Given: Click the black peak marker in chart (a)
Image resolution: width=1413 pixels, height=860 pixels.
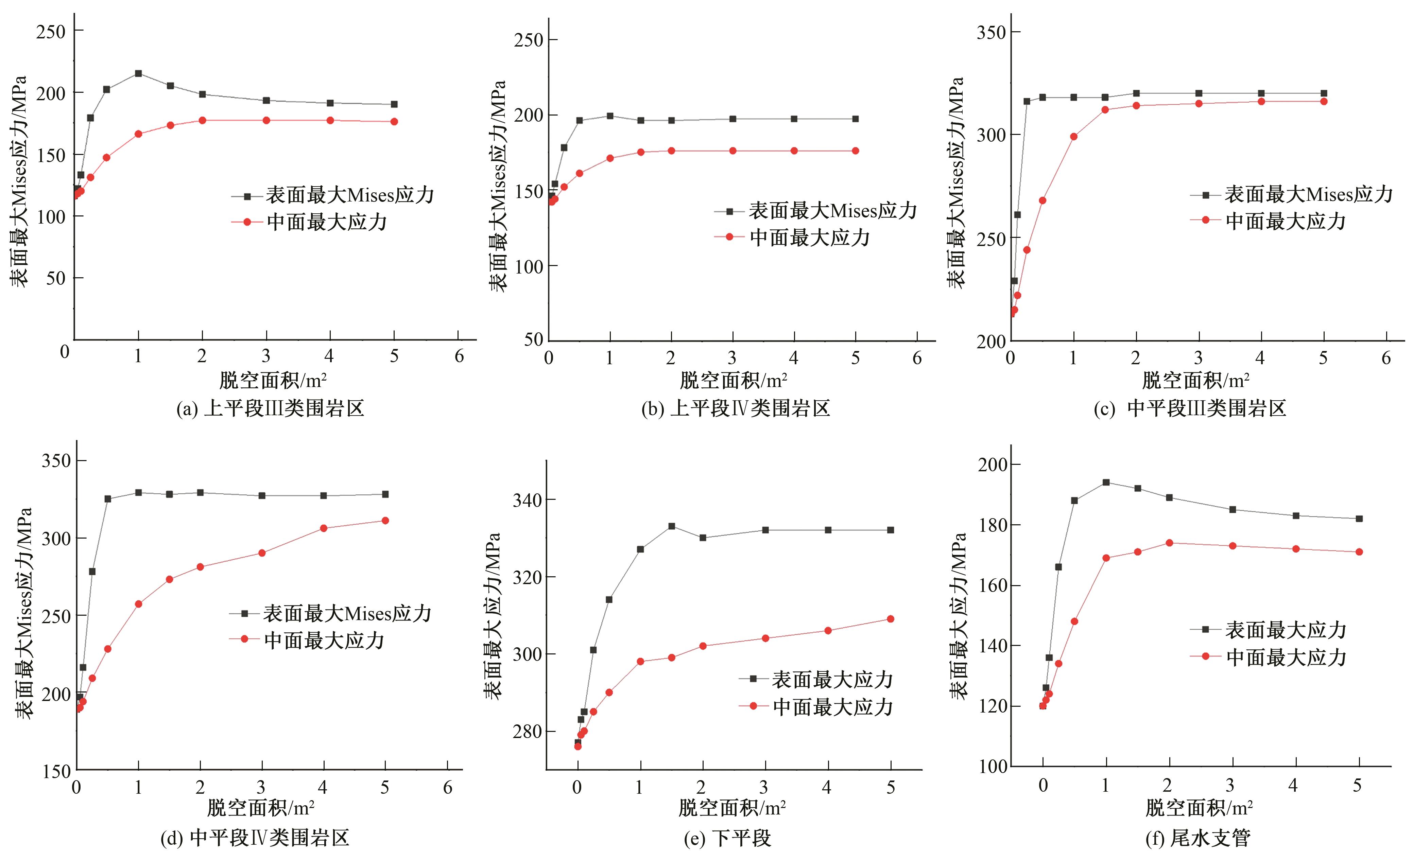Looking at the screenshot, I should pyautogui.click(x=138, y=73).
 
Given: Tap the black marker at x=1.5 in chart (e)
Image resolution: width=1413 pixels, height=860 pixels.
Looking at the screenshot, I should pyautogui.click(x=672, y=526).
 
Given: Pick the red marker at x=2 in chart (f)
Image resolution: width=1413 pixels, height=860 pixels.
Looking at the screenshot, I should pyautogui.click(x=1169, y=543).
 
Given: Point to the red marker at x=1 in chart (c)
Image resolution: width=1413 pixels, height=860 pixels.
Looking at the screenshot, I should pyautogui.click(x=1073, y=137).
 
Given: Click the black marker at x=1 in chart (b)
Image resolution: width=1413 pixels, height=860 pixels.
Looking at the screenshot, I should pyautogui.click(x=609, y=116).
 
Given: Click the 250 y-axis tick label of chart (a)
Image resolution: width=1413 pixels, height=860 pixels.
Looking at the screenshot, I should pyautogui.click(x=50, y=32).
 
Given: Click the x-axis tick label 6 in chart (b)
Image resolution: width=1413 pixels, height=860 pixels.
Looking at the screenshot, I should pyautogui.click(x=917, y=358).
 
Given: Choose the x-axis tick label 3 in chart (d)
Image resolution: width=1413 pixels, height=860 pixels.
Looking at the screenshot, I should pyautogui.click(x=261, y=787).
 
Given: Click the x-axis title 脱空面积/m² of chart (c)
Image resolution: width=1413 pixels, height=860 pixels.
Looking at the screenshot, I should pyautogui.click(x=1196, y=381).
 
